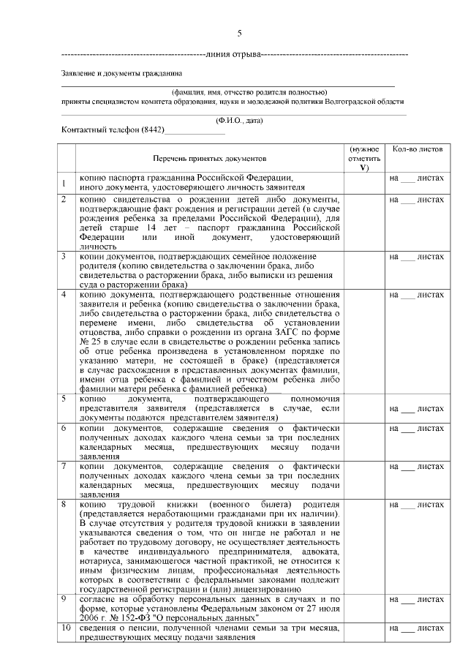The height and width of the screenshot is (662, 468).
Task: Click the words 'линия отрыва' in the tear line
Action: pos(233,55)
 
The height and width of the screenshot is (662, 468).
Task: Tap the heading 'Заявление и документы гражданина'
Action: pos(121,73)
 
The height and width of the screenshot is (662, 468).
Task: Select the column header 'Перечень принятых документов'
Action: pos(210,158)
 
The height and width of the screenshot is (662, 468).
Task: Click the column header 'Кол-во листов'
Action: pos(417,148)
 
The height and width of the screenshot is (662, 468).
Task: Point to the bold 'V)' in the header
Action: pos(364,168)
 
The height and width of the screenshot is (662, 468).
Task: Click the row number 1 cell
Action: pos(66,183)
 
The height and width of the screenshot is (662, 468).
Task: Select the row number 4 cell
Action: pos(66,295)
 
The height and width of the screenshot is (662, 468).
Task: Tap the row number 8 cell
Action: pos(66,505)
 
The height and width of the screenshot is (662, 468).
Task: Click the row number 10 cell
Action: pos(66,628)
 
